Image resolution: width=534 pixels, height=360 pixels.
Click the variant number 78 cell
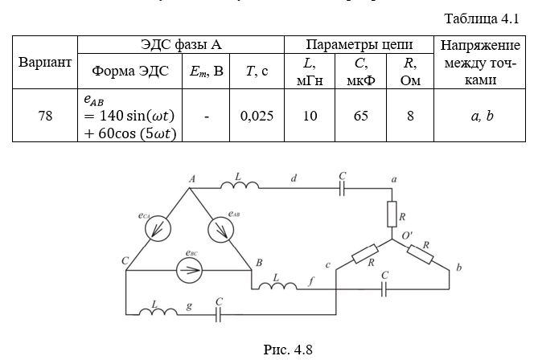click(x=45, y=116)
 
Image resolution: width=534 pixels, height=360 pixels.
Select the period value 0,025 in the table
click(x=257, y=116)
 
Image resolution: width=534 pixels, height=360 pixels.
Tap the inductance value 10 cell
click(x=310, y=116)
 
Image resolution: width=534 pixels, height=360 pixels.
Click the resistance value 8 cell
click(x=410, y=116)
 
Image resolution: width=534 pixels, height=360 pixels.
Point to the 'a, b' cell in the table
click(x=481, y=116)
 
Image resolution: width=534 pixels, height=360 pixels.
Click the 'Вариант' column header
click(x=45, y=62)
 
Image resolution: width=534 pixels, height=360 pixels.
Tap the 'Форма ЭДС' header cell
click(x=130, y=71)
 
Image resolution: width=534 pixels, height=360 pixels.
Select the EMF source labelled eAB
click(x=220, y=230)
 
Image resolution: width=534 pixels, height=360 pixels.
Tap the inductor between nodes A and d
click(x=244, y=186)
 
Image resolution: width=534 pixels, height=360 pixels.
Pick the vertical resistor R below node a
click(x=392, y=214)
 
